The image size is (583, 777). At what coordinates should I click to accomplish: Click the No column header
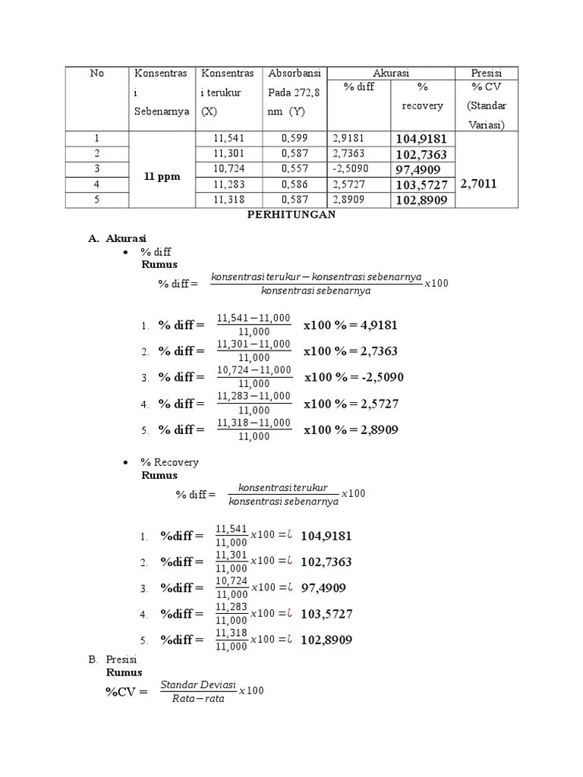point(96,74)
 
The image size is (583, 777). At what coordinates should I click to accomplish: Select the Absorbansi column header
point(295,74)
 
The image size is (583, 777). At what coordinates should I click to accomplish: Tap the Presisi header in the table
point(486,74)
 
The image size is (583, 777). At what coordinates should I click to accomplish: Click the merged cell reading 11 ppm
point(162,176)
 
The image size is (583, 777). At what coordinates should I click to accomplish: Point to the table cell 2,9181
point(348,139)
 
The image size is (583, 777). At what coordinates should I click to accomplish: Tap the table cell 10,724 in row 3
point(228,168)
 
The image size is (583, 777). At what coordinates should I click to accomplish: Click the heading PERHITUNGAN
point(291,215)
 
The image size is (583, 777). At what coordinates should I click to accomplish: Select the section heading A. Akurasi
point(118,238)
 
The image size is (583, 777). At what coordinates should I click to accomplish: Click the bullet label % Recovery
point(169,462)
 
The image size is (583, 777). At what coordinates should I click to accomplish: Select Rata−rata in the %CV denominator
point(198,700)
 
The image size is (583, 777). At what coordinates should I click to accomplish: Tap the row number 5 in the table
point(96,200)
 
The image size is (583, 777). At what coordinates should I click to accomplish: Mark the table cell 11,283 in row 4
point(228,184)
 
